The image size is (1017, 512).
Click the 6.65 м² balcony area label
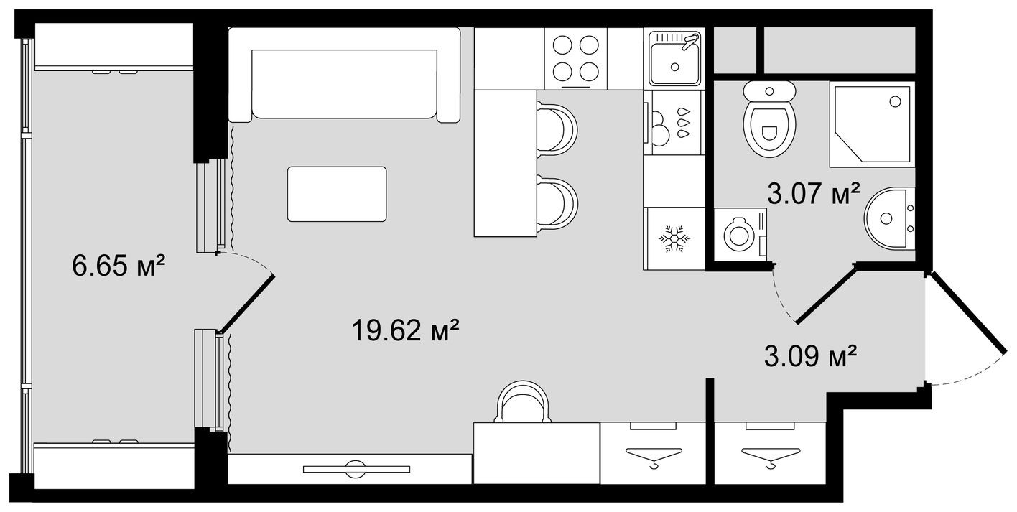(x=119, y=267)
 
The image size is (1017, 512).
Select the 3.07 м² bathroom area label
(x=814, y=194)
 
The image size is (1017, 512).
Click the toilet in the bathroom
(x=769, y=122)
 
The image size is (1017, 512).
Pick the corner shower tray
(x=871, y=124)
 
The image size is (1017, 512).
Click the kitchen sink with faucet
(x=674, y=57)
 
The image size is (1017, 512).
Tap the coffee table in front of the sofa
(x=337, y=194)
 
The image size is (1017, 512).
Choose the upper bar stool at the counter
(x=557, y=129)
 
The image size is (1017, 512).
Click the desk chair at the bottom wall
(x=524, y=402)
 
